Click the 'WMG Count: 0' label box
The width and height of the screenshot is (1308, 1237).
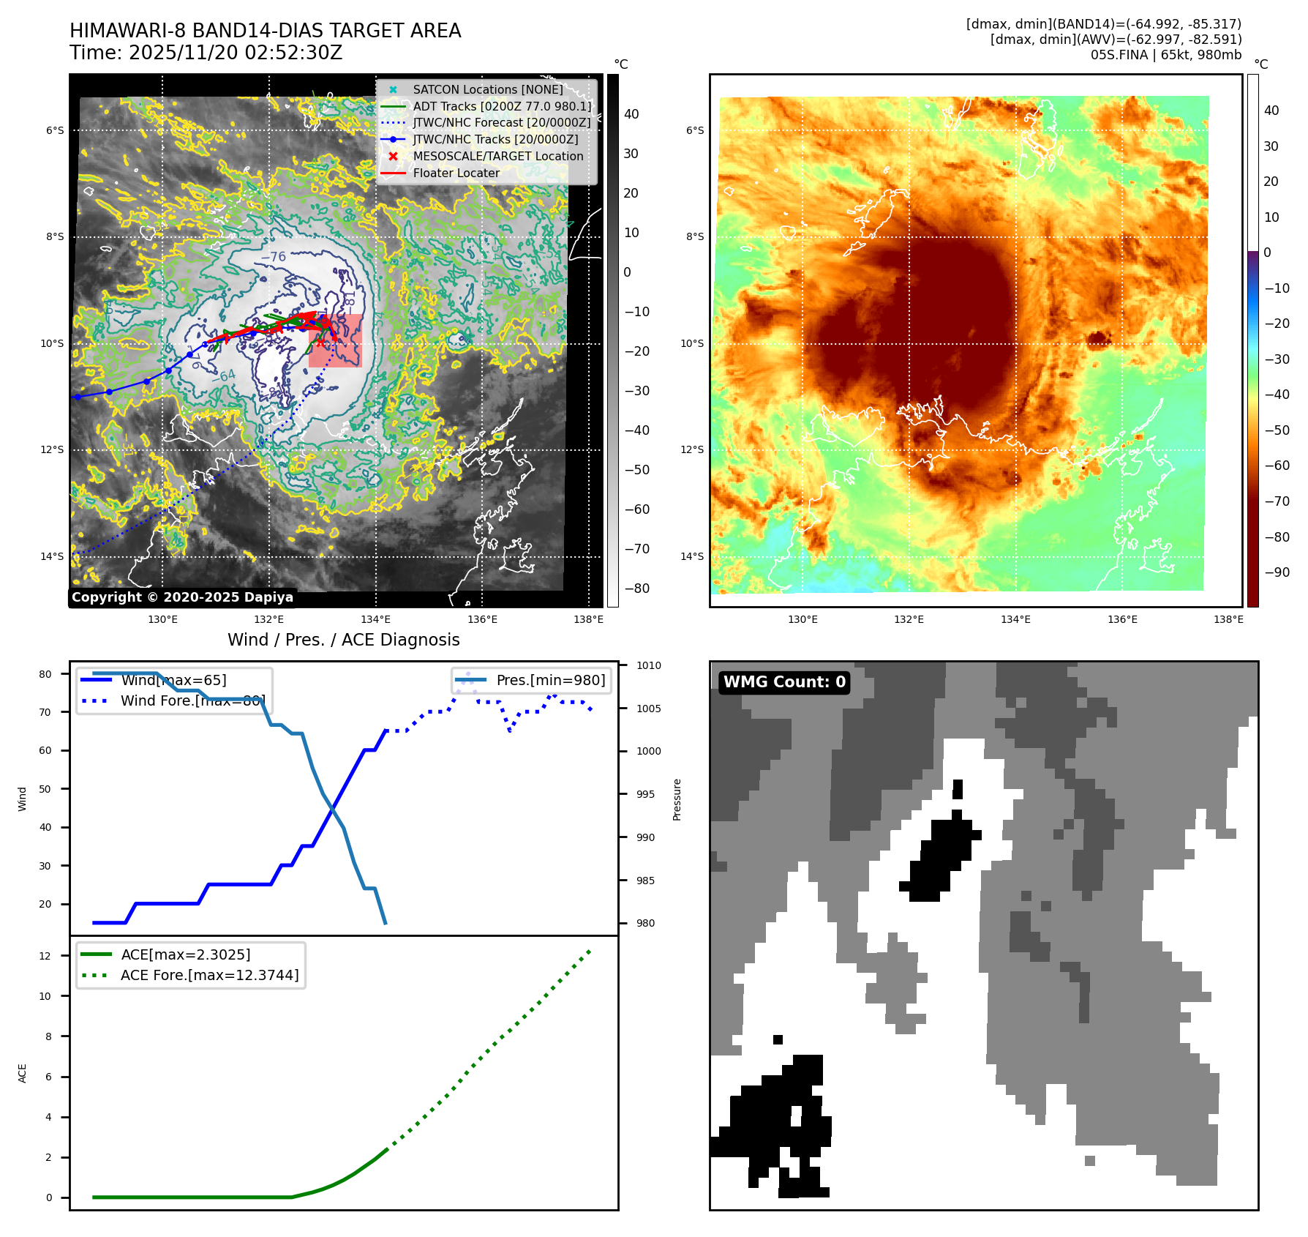[784, 682]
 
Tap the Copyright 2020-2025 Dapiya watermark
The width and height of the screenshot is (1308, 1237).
[182, 597]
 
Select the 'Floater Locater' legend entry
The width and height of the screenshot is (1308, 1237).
[456, 173]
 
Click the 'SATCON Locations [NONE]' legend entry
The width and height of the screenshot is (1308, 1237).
[487, 89]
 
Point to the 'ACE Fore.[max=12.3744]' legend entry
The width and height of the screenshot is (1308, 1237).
[209, 975]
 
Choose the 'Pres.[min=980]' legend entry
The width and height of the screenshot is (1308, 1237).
[550, 680]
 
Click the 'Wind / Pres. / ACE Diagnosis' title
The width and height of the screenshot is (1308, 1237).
[344, 640]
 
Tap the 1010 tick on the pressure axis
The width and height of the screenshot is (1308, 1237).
[648, 665]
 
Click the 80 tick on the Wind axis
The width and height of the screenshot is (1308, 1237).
[45, 674]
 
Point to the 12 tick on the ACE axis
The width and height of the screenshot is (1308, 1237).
[45, 956]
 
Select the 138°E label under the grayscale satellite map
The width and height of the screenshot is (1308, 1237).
[588, 619]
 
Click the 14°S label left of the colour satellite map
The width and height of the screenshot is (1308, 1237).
[692, 556]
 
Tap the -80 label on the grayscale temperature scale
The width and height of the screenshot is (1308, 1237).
[636, 588]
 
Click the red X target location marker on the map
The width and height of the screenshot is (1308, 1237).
[320, 342]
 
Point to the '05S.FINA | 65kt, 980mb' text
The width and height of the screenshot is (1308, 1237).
[1165, 55]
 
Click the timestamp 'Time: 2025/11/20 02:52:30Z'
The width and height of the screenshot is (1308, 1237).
[206, 53]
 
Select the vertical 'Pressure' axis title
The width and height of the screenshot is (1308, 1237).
[677, 799]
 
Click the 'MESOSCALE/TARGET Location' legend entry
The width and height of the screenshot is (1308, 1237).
[497, 156]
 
